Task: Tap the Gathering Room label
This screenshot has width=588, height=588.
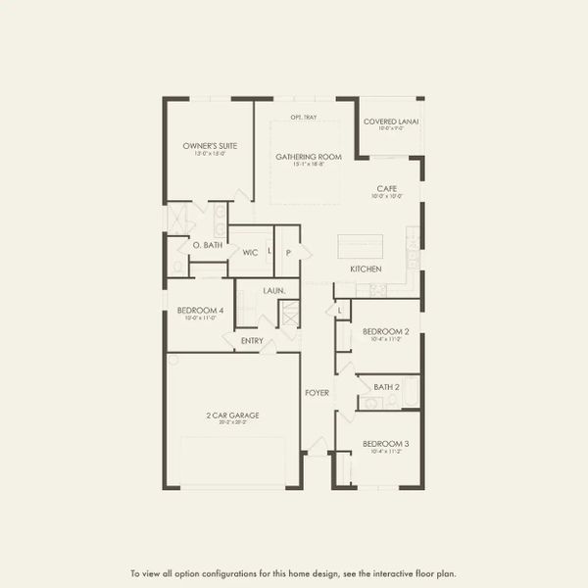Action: (x=309, y=157)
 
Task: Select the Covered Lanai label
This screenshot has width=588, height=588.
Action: (x=391, y=122)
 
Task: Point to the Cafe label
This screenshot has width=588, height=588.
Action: (x=386, y=188)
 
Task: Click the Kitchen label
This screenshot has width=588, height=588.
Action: (x=366, y=269)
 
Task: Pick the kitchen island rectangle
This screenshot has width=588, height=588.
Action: (x=363, y=246)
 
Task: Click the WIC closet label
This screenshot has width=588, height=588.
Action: (x=250, y=251)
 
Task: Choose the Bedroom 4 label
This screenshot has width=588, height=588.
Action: (x=200, y=311)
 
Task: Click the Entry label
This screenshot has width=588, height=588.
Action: (x=252, y=341)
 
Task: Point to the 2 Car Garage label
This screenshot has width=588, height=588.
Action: (x=232, y=416)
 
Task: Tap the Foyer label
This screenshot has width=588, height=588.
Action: (x=317, y=393)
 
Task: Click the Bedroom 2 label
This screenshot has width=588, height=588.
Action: (x=385, y=331)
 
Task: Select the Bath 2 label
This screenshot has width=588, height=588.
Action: (x=386, y=387)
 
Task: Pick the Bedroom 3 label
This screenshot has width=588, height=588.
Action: (x=385, y=444)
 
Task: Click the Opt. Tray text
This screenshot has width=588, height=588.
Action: (x=303, y=118)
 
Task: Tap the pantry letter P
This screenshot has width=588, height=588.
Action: (x=288, y=252)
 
